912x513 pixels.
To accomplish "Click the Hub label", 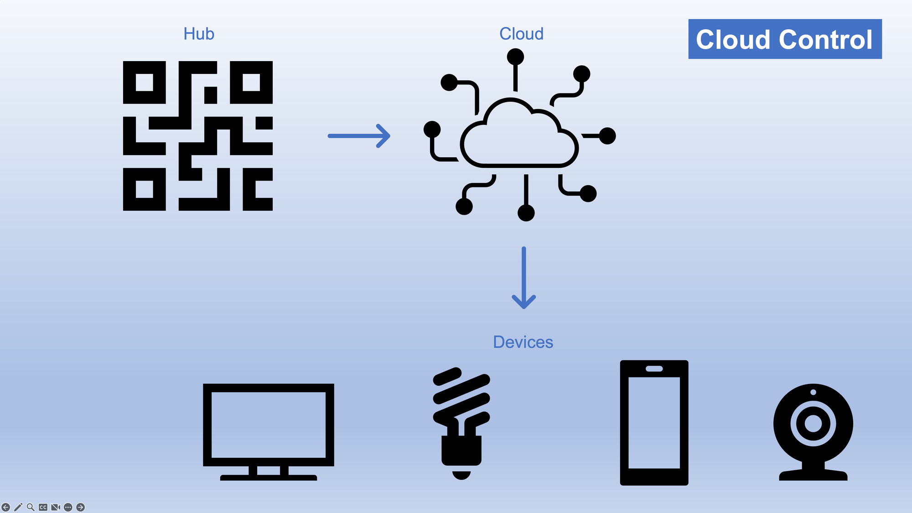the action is [199, 34].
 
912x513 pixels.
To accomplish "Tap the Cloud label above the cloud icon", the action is [521, 34].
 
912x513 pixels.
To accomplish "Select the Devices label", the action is [523, 342].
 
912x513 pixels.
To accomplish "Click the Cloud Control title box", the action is [785, 39].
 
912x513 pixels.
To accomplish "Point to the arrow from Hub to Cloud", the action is [359, 136].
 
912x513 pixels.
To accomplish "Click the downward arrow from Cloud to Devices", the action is [523, 278].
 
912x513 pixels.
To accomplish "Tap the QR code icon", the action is [198, 136].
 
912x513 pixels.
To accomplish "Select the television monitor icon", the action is [269, 431].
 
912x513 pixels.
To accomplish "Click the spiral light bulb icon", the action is [461, 422].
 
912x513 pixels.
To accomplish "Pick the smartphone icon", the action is [654, 423].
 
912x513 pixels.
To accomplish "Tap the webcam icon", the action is [813, 431].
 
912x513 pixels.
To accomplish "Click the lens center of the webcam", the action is [813, 423].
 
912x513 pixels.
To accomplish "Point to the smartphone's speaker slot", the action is [654, 368].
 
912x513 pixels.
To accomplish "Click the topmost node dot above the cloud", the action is [515, 57].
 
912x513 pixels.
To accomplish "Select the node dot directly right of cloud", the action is [607, 136].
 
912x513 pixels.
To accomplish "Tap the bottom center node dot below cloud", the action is [526, 212].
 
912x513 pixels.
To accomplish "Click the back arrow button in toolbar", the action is [6, 507].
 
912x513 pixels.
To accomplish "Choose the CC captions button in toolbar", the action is [43, 507].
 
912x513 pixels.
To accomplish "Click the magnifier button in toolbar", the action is [31, 507].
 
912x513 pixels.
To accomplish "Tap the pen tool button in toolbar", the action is [18, 507].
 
